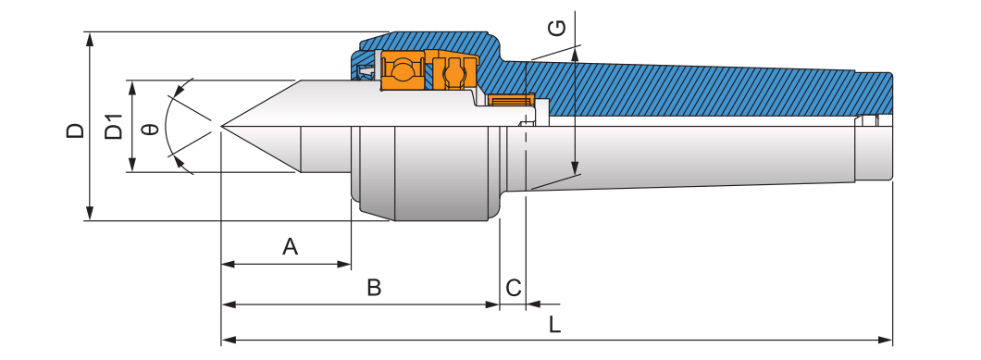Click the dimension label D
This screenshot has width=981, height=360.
pyautogui.click(x=76, y=130)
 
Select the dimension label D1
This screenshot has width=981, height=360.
pyautogui.click(x=114, y=127)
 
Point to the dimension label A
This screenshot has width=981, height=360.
pyautogui.click(x=290, y=247)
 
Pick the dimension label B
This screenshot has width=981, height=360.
pyautogui.click(x=374, y=288)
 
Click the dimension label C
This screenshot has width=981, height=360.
pyautogui.click(x=514, y=288)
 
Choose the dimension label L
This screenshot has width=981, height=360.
pyautogui.click(x=554, y=324)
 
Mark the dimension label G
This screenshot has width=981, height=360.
pyautogui.click(x=557, y=28)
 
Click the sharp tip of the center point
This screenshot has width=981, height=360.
pyautogui.click(x=221, y=126)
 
